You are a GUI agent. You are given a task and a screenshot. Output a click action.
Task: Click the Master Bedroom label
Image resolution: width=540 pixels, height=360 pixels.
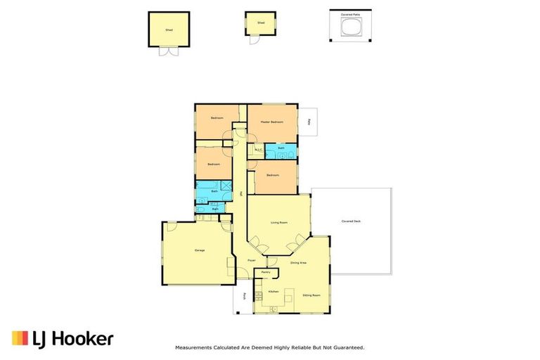tap(271, 122)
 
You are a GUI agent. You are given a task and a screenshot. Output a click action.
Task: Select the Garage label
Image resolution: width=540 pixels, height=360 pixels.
tap(199, 250)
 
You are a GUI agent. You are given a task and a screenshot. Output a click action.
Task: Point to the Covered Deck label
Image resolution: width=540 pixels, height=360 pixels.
tap(351, 221)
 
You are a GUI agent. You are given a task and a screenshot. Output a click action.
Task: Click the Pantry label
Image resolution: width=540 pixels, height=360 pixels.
tap(266, 271)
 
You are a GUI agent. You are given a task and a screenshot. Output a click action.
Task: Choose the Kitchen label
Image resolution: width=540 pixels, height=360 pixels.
tap(273, 291)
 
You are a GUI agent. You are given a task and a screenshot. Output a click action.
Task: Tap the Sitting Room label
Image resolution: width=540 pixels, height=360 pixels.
tap(311, 295)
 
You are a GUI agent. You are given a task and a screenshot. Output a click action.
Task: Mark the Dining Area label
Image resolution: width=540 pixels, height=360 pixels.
tap(298, 262)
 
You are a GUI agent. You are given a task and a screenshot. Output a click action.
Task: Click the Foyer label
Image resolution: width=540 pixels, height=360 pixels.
tap(251, 261)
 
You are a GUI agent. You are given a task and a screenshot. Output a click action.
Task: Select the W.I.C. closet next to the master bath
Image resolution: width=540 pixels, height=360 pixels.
tap(258, 149)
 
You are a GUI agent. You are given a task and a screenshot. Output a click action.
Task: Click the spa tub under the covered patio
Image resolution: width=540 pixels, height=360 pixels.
tap(349, 27)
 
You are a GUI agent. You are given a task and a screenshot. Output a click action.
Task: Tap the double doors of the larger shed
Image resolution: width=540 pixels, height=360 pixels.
tap(169, 51)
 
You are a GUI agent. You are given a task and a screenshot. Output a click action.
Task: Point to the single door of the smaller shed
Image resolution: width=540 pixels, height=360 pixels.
tap(255, 39)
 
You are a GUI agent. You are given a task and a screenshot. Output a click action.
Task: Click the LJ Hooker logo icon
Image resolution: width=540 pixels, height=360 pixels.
tap(20, 338)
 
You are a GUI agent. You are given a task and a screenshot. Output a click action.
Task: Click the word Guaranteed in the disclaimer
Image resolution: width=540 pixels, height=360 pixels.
tap(347, 347)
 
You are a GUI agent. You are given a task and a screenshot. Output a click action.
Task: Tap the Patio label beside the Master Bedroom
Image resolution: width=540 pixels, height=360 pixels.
tap(309, 121)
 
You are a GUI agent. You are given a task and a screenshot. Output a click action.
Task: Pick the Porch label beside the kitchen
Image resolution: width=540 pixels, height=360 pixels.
tap(245, 296)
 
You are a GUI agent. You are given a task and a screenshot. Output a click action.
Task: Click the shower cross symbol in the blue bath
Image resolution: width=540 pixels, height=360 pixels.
tap(226, 186)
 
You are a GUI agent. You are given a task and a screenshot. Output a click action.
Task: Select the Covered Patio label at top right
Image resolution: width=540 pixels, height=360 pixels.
tap(349, 13)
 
